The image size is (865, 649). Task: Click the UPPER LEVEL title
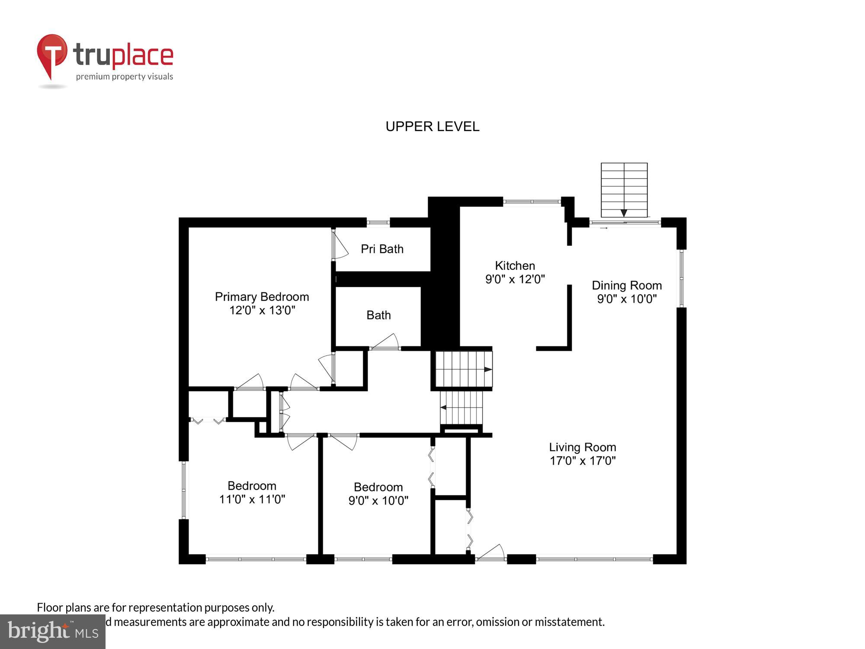[432, 126]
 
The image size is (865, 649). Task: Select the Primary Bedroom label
[262, 297]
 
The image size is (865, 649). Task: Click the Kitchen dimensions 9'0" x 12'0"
[515, 279]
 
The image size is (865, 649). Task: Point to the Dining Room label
[626, 286]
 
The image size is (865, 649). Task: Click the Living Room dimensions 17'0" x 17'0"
[582, 461]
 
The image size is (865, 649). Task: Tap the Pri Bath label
[382, 249]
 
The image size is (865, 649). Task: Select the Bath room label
[378, 315]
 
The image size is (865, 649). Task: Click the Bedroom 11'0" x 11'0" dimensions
[252, 499]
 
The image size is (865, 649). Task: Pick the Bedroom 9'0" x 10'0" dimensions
[378, 501]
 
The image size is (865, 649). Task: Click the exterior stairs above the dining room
[624, 190]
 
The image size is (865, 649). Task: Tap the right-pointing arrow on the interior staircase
[487, 369]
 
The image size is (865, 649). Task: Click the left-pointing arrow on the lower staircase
[444, 407]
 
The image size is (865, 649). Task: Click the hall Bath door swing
[386, 342]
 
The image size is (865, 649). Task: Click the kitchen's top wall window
[532, 202]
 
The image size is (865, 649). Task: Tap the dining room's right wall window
[681, 278]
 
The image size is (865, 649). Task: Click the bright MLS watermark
[53, 632]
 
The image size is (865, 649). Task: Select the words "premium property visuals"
[125, 77]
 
